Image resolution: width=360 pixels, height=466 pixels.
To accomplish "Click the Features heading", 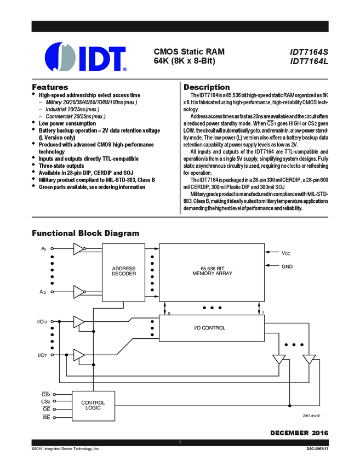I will click(x=50, y=87).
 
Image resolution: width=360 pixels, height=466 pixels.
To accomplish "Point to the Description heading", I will click(x=207, y=87).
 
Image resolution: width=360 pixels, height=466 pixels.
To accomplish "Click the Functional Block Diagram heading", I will click(x=85, y=233).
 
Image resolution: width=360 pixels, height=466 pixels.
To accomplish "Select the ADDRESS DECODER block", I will click(x=124, y=271).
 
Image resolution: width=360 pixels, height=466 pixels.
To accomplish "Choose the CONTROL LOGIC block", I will click(x=93, y=405).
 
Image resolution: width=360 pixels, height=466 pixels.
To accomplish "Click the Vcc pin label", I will click(x=287, y=253).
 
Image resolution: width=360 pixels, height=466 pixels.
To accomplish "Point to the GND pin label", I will click(x=287, y=266).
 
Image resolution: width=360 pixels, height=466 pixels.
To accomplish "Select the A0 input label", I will click(x=44, y=249).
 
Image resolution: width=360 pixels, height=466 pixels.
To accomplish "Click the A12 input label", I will click(x=43, y=292).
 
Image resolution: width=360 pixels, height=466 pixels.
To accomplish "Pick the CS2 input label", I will click(x=45, y=401).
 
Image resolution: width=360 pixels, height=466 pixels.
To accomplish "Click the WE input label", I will click(x=46, y=417).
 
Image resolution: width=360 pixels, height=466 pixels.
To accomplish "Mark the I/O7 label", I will click(x=42, y=355).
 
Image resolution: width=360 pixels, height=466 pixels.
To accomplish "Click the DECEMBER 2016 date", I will click(x=299, y=433).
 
